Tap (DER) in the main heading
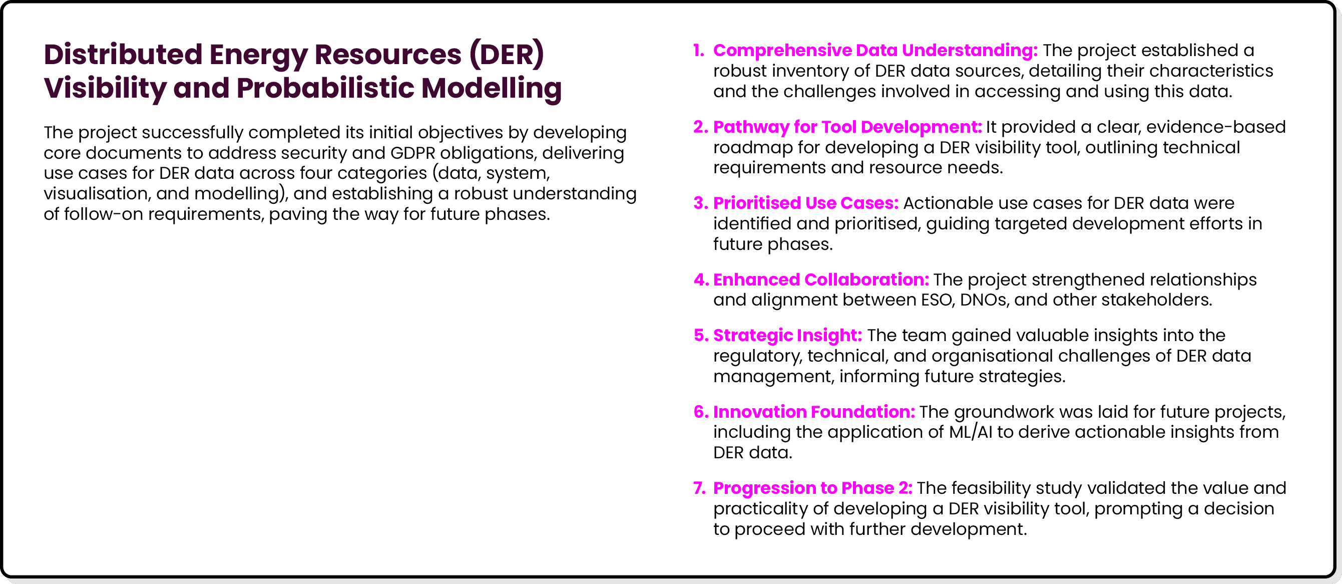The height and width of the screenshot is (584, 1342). pyautogui.click(x=507, y=54)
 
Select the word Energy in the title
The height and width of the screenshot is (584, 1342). pyautogui.click(x=257, y=54)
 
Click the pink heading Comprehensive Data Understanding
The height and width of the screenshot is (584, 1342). pyautogui.click(x=875, y=50)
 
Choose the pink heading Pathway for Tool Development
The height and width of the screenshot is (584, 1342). pyautogui.click(x=847, y=127)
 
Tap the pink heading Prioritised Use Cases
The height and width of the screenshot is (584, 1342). pyautogui.click(x=805, y=203)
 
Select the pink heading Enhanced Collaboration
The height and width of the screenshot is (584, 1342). pyautogui.click(x=820, y=279)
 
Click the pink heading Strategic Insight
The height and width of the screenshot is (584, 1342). pyautogui.click(x=787, y=335)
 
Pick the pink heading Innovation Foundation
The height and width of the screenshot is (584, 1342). pyautogui.click(x=814, y=411)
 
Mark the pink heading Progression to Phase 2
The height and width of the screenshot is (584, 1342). pyautogui.click(x=813, y=487)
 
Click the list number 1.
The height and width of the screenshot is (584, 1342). pyautogui.click(x=699, y=50)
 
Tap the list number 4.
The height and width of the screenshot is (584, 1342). pyautogui.click(x=701, y=279)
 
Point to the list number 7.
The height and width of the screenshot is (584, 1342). pyautogui.click(x=699, y=487)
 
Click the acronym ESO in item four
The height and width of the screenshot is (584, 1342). pyautogui.click(x=936, y=300)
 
